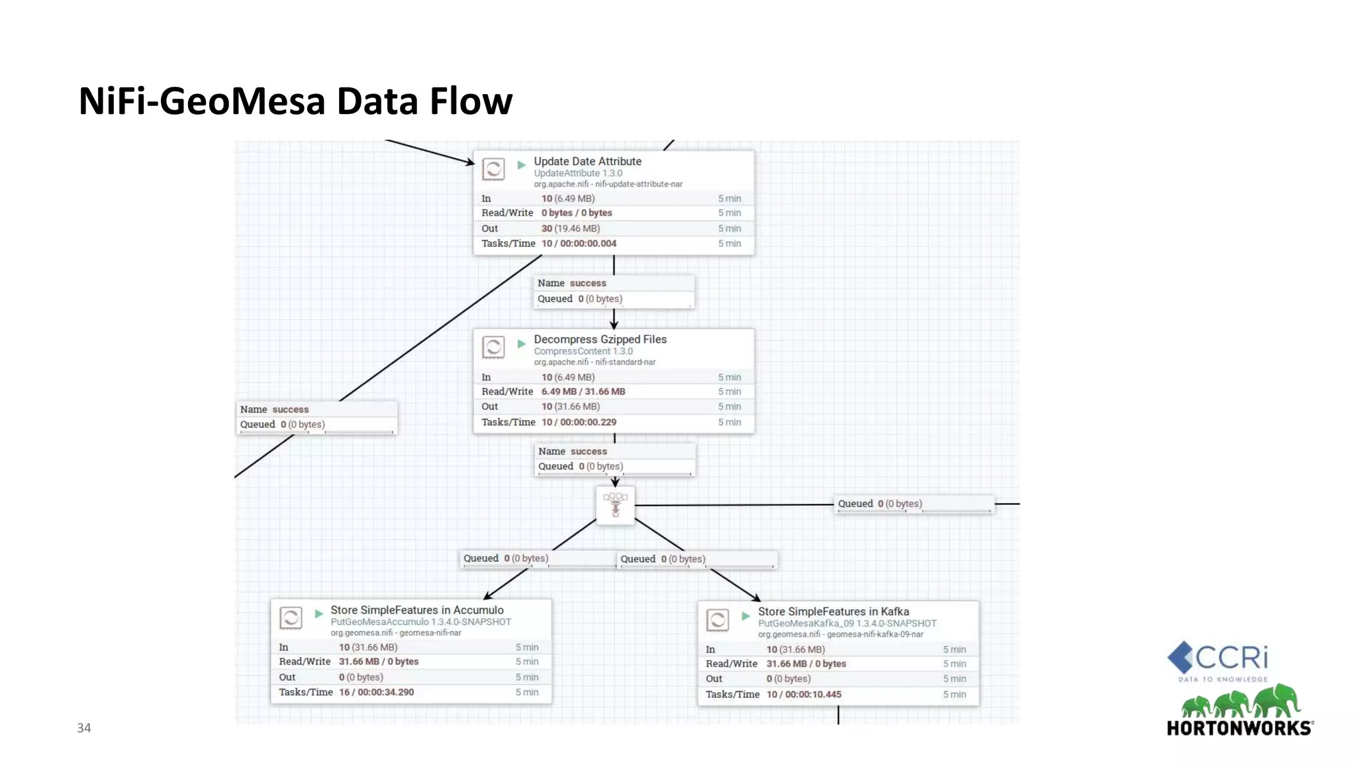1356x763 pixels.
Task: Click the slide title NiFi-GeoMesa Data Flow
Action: coord(295,101)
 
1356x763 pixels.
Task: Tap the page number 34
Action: coord(84,728)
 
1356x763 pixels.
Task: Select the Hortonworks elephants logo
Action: coord(1239,702)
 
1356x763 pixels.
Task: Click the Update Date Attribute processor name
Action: coord(587,161)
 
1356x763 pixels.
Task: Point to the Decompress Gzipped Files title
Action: coord(600,339)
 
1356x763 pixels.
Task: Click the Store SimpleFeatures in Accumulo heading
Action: coord(416,610)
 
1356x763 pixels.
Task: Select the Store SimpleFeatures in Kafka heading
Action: coord(833,611)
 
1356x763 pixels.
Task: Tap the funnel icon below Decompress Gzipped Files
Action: coord(615,505)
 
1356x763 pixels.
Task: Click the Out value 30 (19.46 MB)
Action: coord(570,229)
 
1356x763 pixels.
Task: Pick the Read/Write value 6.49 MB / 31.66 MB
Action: coord(583,391)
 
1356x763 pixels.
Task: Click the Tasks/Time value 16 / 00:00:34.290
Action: coord(376,692)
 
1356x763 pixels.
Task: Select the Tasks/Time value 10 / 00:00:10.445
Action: coord(804,694)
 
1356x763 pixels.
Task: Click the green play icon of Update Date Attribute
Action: coord(521,165)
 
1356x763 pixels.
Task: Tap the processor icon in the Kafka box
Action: coord(718,620)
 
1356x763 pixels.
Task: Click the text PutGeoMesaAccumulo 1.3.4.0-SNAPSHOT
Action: coord(420,622)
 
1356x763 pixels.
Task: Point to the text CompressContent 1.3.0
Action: coord(583,351)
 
